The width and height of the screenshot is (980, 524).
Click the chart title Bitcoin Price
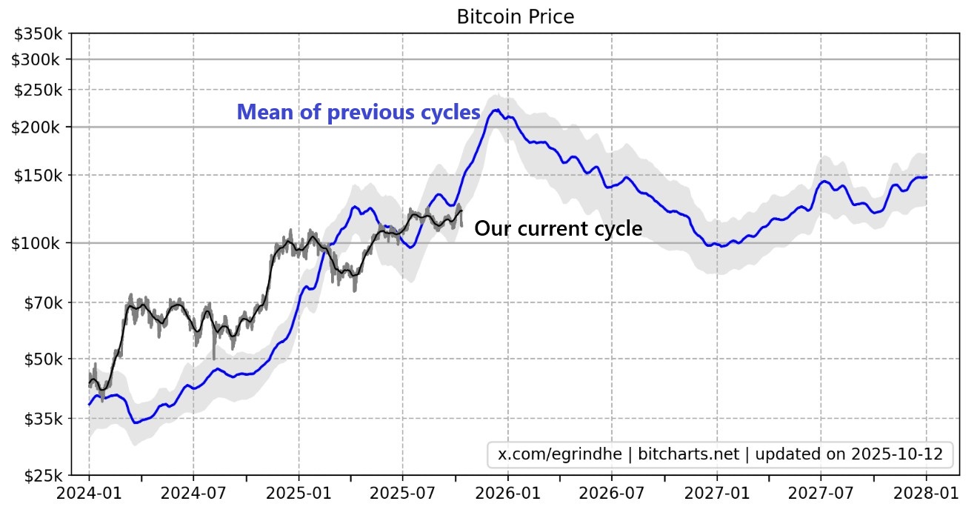pos(515,16)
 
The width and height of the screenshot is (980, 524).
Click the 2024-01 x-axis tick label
pos(89,493)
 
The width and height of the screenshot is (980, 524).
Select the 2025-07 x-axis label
pos(402,493)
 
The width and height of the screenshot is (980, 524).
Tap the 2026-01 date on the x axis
pos(507,493)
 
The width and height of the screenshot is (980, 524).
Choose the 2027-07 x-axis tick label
pos(821,493)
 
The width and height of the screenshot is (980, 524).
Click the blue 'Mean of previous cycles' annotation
pos(359,113)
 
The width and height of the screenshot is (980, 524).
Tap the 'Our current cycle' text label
pos(558,228)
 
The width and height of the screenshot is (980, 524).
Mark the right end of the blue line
pos(927,176)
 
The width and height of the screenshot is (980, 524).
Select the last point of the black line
pos(461,211)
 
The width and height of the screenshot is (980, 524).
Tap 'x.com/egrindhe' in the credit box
pos(557,454)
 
